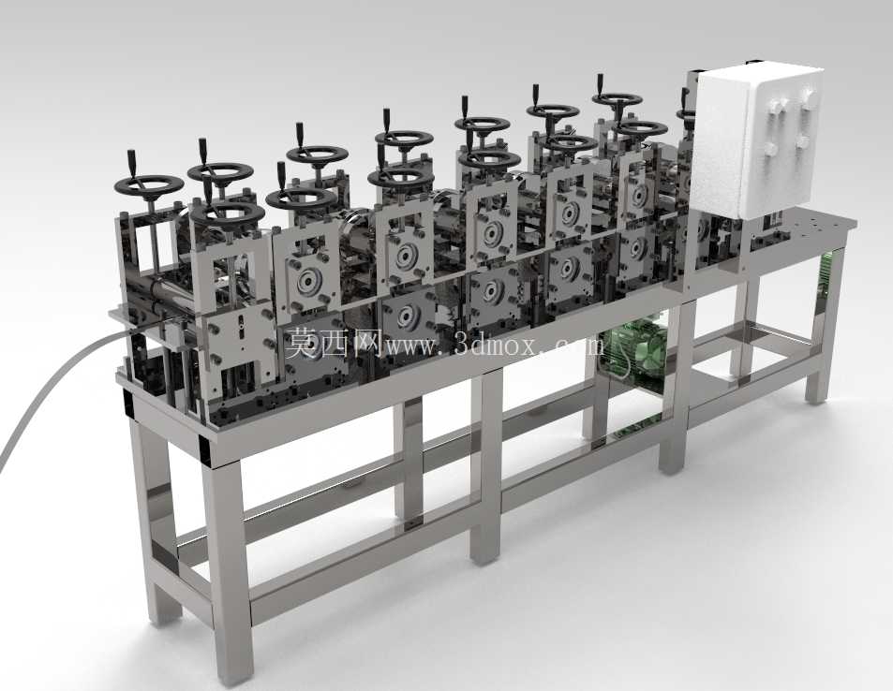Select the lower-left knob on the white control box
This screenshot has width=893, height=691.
tap(770, 150)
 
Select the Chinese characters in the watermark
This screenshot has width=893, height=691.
tap(332, 343)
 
